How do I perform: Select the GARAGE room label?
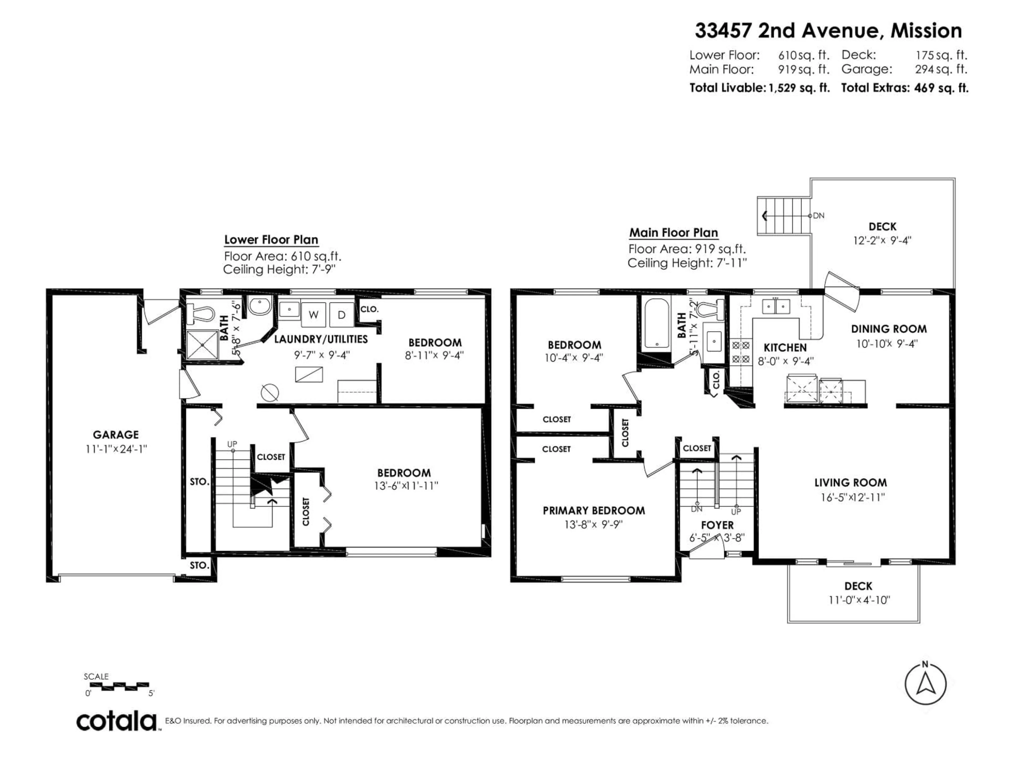coord(116,435)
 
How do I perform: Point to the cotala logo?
coord(116,722)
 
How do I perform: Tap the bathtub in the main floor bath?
coord(657,325)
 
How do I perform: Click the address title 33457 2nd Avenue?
coord(828,30)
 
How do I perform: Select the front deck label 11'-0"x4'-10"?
coord(859,600)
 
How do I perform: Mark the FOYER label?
coord(717,525)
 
